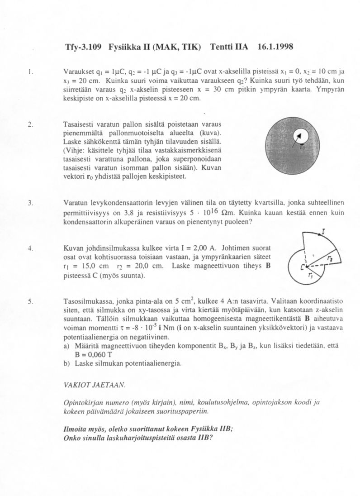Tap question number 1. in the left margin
tap(29, 71)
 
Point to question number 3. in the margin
tap(29, 204)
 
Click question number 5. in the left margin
tap(29, 301)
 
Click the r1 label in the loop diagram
tap(309, 275)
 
